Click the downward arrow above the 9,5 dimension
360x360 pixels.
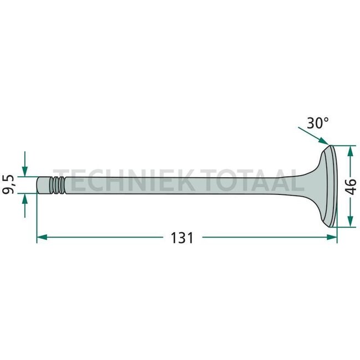click(24, 169)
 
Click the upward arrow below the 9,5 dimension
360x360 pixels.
click(24, 198)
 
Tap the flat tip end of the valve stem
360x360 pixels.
click(38, 184)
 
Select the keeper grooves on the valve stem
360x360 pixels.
click(57, 184)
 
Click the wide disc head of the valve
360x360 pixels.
click(330, 186)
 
